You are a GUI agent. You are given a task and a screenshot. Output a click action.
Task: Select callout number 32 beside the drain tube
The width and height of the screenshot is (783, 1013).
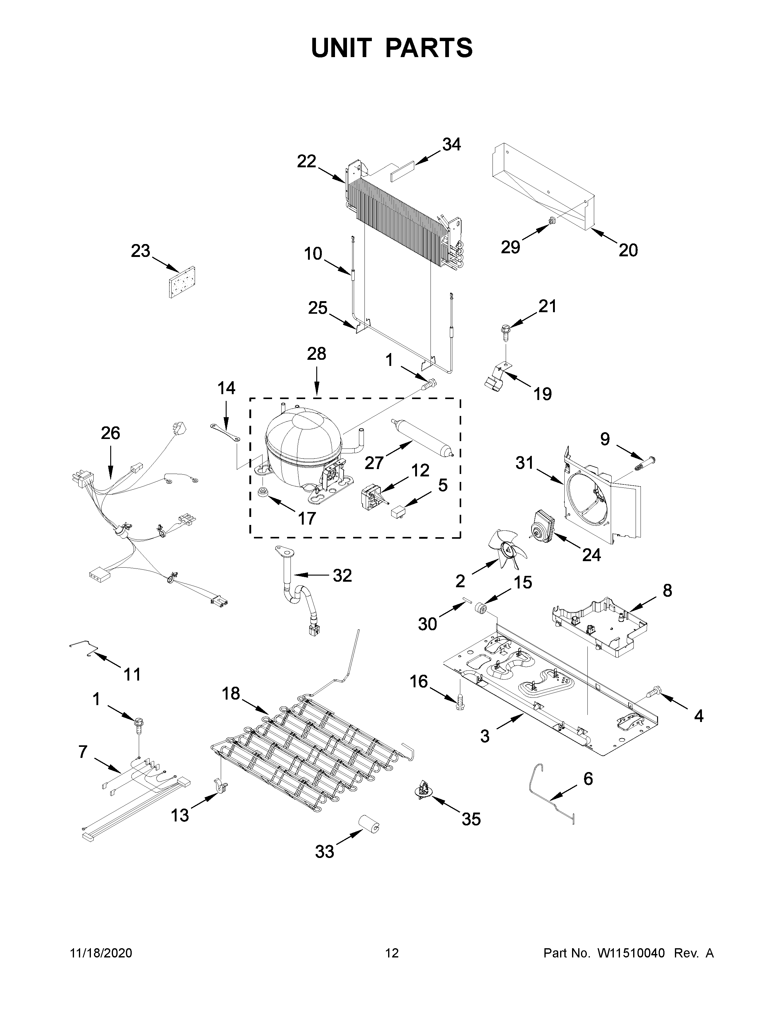[x=342, y=576]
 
